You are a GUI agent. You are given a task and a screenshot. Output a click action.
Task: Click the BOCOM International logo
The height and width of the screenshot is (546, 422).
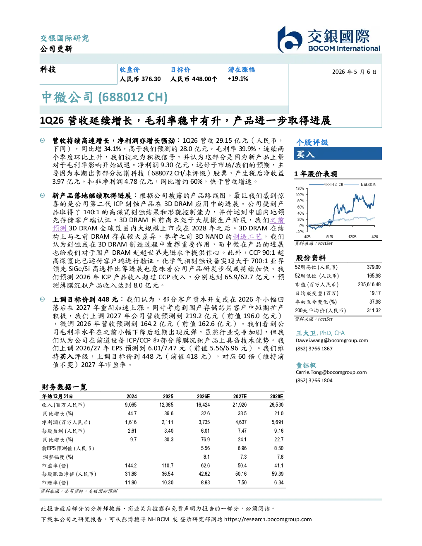click(328, 39)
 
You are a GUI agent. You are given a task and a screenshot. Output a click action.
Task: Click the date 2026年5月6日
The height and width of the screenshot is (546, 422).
click(355, 72)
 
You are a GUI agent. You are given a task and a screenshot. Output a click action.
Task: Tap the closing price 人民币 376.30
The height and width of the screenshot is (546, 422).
click(140, 79)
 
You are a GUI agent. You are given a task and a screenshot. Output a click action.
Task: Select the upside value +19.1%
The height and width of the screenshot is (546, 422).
click(238, 79)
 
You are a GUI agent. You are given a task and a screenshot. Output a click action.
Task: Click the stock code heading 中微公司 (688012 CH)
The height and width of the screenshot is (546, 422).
click(105, 97)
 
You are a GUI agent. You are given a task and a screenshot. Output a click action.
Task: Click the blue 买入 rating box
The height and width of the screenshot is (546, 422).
click(338, 153)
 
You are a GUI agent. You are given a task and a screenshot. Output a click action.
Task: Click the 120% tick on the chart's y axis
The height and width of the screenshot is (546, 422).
click(300, 189)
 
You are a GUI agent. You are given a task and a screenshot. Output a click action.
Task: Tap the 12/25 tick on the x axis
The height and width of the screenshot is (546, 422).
click(352, 237)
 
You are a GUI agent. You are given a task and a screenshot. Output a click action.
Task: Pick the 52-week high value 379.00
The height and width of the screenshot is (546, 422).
click(374, 267)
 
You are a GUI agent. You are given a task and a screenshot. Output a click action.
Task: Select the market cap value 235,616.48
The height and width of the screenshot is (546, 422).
click(369, 284)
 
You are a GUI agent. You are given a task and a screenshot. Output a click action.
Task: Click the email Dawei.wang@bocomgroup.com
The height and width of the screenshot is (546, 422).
click(331, 340)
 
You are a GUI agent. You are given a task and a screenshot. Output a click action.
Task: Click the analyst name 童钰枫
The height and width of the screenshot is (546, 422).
click(306, 365)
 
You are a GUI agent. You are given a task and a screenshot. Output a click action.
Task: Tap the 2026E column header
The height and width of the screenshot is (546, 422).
click(203, 396)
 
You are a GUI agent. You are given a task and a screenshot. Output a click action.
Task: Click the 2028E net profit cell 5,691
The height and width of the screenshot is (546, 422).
click(277, 422)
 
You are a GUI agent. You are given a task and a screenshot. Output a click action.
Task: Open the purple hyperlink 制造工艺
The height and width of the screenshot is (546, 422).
click(247, 237)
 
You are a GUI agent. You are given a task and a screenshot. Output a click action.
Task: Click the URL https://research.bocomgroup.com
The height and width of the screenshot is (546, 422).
click(268, 519)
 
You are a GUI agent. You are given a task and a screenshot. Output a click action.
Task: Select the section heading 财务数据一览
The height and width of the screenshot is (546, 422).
click(64, 387)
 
